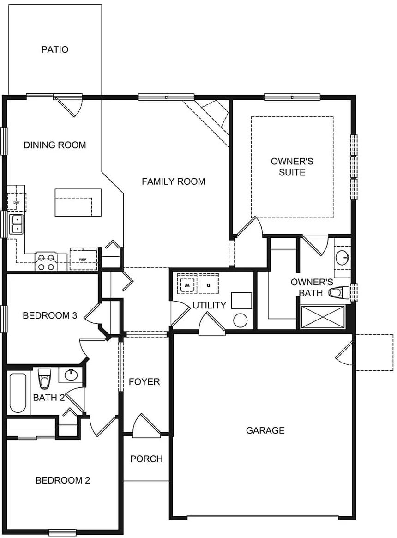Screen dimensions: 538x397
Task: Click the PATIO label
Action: pyautogui.click(x=55, y=49)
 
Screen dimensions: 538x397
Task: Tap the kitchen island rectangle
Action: pyautogui.click(x=78, y=202)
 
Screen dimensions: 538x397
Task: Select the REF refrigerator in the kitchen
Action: pyautogui.click(x=84, y=259)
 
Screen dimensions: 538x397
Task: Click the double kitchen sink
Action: pyautogui.click(x=17, y=224)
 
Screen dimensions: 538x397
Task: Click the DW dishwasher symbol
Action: pyautogui.click(x=16, y=202)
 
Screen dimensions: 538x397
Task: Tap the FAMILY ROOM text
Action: pyautogui.click(x=173, y=181)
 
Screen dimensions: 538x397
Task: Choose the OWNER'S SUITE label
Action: pyautogui.click(x=292, y=167)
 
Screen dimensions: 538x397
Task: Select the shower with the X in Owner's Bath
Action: pyautogui.click(x=323, y=317)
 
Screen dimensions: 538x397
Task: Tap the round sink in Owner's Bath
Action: pyautogui.click(x=343, y=257)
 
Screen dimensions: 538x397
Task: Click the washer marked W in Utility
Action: pyautogui.click(x=187, y=285)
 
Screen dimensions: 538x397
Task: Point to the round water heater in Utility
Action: pyautogui.click(x=241, y=320)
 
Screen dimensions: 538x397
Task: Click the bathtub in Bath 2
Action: pyautogui.click(x=18, y=393)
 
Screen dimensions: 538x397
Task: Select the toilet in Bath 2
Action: pyautogui.click(x=44, y=379)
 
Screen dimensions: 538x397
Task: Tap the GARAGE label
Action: pyautogui.click(x=265, y=430)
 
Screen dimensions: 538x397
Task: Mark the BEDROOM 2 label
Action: pyautogui.click(x=62, y=480)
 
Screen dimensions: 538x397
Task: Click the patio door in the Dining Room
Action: pyautogui.click(x=68, y=104)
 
